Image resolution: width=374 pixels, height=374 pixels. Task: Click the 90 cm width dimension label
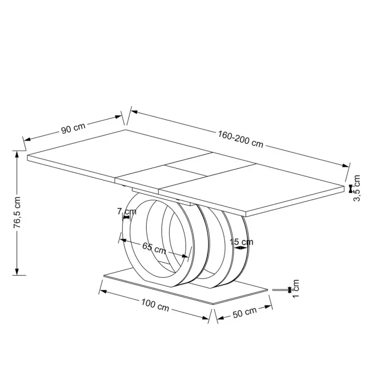(x=73, y=128)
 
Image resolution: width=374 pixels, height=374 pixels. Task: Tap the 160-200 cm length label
(x=241, y=139)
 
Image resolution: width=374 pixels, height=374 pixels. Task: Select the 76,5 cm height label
(x=17, y=212)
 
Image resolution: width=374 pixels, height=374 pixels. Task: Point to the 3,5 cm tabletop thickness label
(x=357, y=188)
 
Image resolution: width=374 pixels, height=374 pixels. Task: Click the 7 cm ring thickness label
(x=127, y=211)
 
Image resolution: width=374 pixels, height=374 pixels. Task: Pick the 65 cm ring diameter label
(x=154, y=248)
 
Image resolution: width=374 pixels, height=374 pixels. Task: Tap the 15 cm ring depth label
(x=241, y=242)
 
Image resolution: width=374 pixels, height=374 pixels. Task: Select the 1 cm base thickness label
(x=295, y=289)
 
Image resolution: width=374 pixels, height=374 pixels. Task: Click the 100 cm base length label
(x=155, y=305)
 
